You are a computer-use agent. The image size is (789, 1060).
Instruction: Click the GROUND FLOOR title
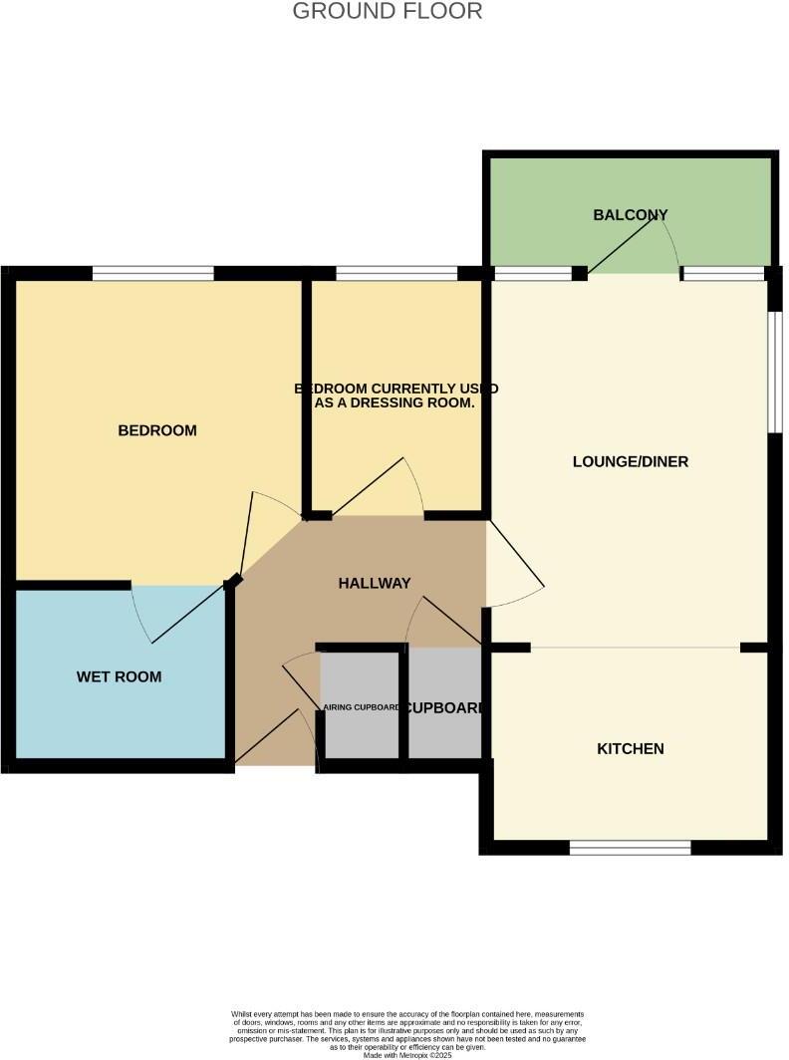(x=388, y=12)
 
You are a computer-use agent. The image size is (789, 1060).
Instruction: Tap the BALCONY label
(x=630, y=215)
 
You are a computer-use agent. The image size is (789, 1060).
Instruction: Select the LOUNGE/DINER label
(x=631, y=462)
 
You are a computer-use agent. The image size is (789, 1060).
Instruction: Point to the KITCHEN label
(x=630, y=749)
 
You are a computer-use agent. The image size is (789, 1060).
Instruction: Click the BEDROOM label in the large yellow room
(x=157, y=431)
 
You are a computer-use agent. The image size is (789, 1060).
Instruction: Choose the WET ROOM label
(x=119, y=677)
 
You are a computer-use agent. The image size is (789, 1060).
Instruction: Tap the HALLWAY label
(x=374, y=584)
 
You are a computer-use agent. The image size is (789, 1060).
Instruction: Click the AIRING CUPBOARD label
(x=361, y=708)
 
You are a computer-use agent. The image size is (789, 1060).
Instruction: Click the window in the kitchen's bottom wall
(x=630, y=848)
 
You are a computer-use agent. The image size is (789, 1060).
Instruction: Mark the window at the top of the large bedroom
(x=153, y=273)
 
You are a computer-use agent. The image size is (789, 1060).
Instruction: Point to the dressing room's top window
(x=395, y=273)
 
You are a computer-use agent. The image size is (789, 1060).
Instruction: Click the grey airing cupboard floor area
(x=359, y=737)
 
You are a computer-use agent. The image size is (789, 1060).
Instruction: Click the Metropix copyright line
(x=407, y=1055)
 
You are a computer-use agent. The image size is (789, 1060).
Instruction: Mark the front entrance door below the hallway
(x=274, y=737)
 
